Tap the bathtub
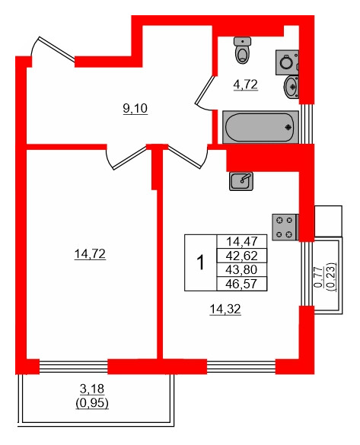click(260, 126)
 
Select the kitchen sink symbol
click(241, 180)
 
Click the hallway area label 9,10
click(135, 108)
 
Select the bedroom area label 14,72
click(89, 254)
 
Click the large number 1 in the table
click(200, 262)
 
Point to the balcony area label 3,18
click(92, 392)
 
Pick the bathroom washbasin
click(292, 86)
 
